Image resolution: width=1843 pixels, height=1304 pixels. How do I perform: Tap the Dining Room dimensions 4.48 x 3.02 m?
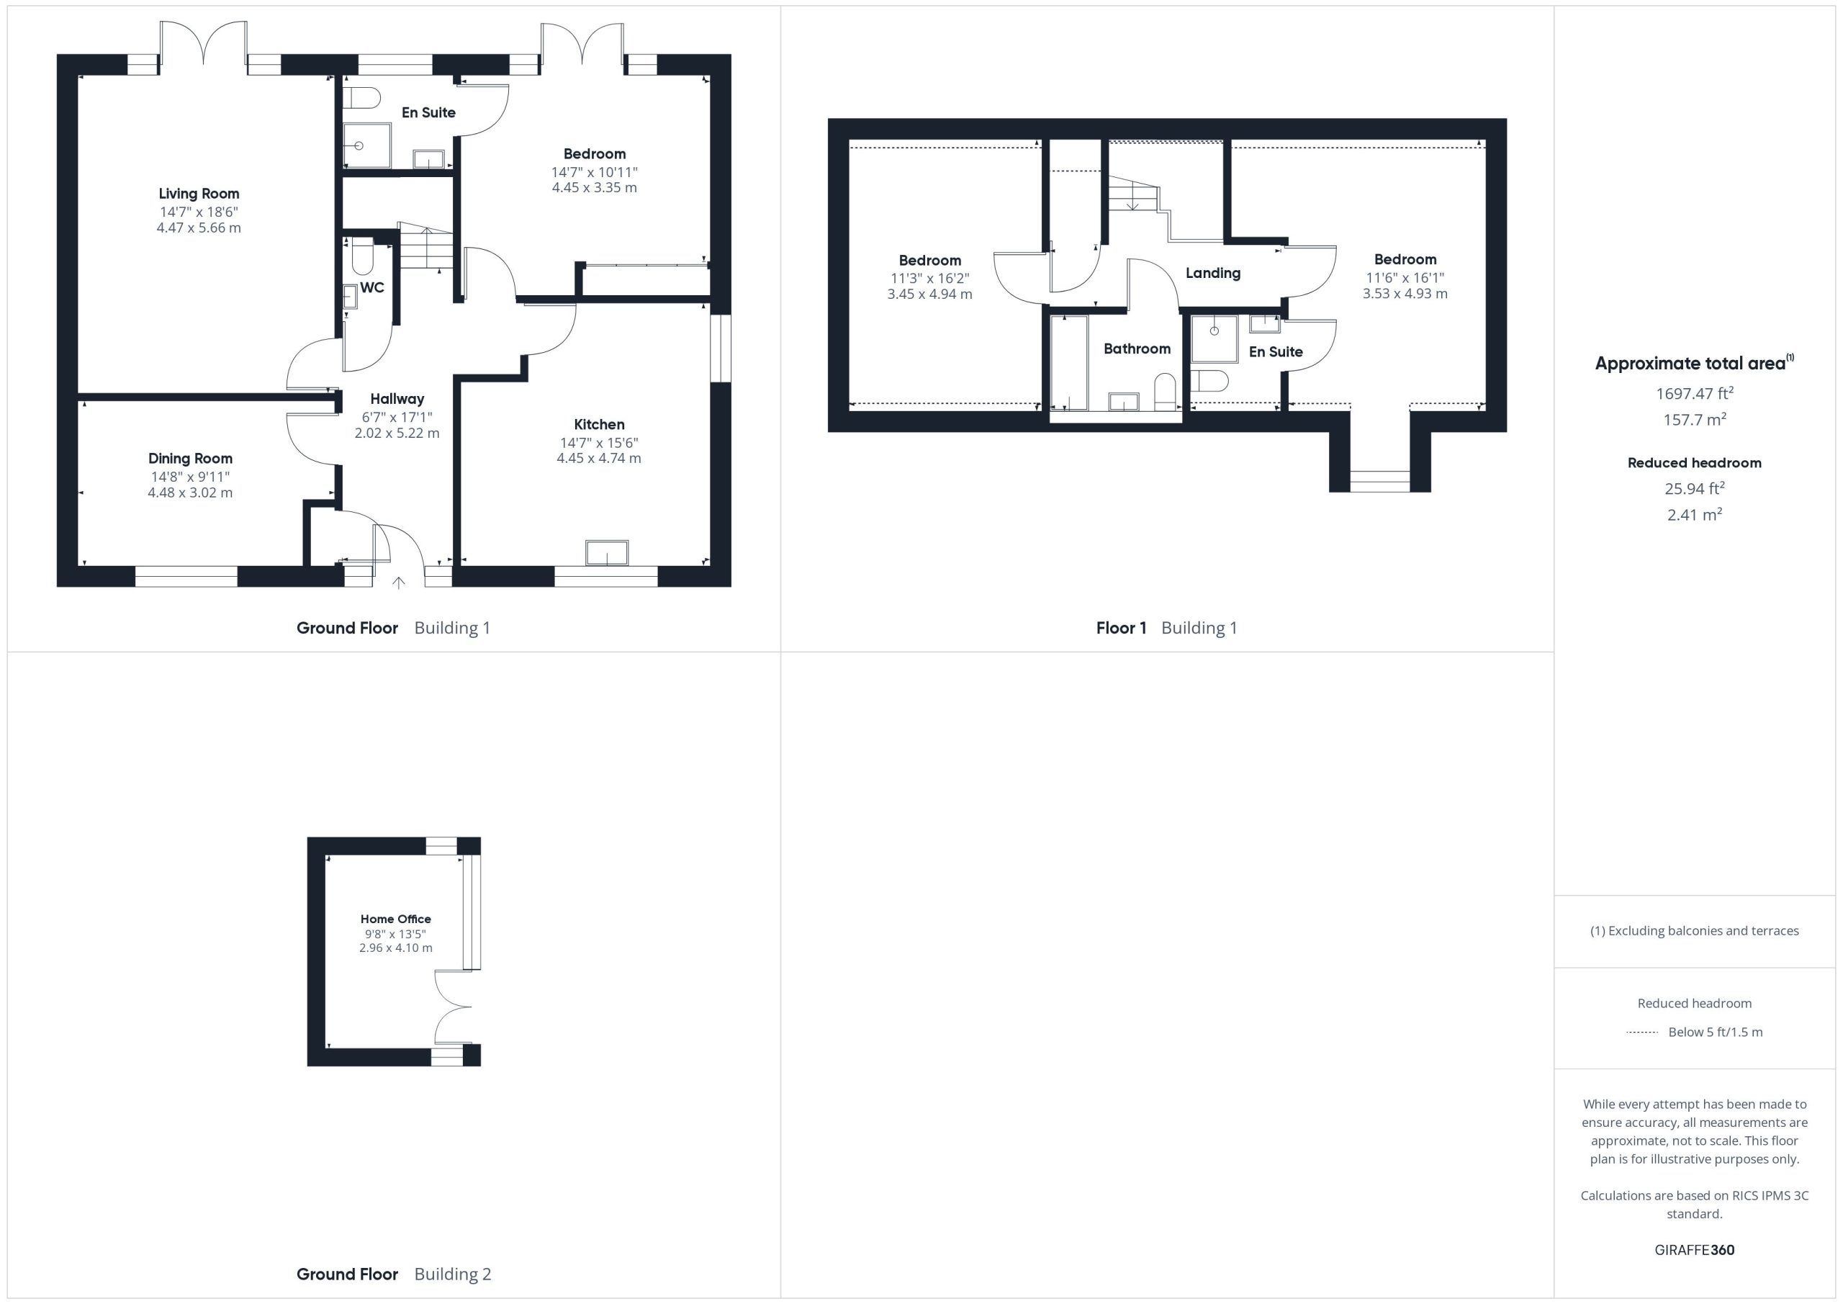190,493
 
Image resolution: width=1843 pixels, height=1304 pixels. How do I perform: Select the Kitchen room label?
599,424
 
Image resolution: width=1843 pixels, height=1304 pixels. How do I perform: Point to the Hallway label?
397,399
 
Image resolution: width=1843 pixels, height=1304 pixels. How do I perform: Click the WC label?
371,287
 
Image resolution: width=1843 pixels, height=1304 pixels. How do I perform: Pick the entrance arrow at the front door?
398,582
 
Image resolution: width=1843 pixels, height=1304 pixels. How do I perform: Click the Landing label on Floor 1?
1213,273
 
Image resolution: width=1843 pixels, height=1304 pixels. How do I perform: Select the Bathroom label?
1137,349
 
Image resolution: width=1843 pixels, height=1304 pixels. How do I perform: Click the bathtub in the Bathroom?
1069,363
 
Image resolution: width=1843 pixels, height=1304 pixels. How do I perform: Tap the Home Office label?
396,919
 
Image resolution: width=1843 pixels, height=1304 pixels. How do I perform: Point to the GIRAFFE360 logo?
1695,1249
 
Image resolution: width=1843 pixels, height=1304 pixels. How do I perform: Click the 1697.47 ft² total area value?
1695,392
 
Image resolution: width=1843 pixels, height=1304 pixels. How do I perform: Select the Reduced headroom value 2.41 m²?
1695,515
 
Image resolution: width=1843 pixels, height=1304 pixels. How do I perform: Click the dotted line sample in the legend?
1641,1032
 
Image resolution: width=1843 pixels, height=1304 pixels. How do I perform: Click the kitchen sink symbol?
607,553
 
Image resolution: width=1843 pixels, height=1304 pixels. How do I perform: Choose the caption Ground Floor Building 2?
393,1274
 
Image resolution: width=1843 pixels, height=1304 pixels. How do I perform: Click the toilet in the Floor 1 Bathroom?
1165,392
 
